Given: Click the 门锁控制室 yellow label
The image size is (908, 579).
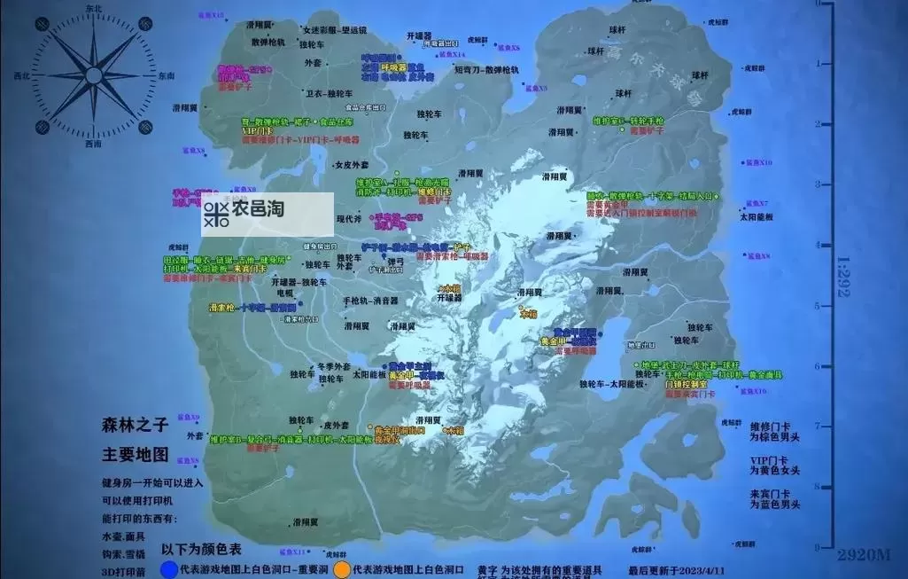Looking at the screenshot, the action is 687,385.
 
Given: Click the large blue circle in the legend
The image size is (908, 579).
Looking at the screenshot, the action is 167,568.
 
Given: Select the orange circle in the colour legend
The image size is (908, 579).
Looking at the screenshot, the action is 340,568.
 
